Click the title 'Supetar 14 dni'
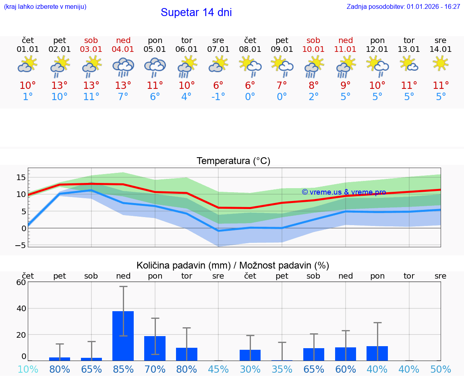point(196,12)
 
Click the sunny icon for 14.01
point(441,64)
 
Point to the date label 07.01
point(218,49)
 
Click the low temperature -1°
point(218,97)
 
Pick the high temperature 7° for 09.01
point(282,85)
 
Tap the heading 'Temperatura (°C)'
point(233,161)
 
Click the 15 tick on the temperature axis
point(21,177)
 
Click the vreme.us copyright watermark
point(344,192)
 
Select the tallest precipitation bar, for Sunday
point(123,336)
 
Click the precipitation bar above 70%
point(155,348)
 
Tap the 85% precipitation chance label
point(123,369)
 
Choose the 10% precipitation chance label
point(28,369)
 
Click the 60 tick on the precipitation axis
point(21,282)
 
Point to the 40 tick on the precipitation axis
point(21,308)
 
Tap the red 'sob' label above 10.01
point(313,40)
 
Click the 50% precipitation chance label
point(441,369)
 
